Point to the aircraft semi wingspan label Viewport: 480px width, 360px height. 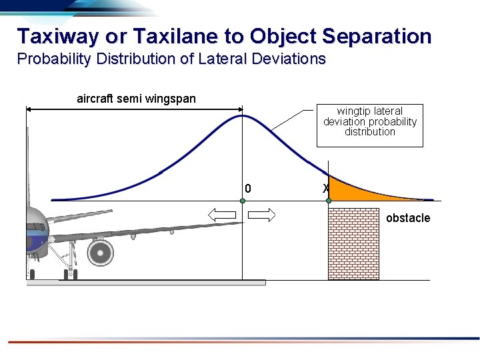[x=136, y=99]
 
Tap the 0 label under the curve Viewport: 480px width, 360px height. [x=248, y=189]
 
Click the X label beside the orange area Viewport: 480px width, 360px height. [x=325, y=189]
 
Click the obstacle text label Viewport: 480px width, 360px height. [x=408, y=218]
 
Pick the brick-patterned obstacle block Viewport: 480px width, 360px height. [x=353, y=244]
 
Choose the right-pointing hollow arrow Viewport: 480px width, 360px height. [x=262, y=215]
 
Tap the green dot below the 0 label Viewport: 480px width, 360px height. [x=243, y=201]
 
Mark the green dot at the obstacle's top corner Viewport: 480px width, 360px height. [x=329, y=201]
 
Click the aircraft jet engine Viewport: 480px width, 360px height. [x=100, y=252]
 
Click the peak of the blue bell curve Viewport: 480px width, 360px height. [x=243, y=116]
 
